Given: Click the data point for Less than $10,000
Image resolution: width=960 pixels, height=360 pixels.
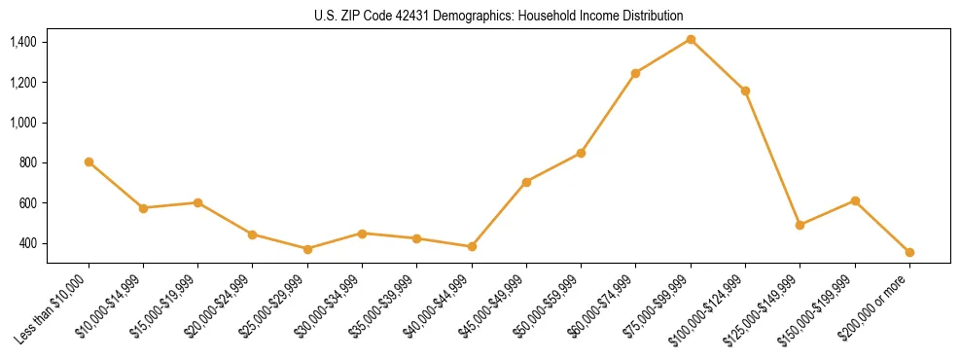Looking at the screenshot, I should [89, 162].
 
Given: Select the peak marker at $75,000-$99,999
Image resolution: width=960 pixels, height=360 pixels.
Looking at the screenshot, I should [691, 39].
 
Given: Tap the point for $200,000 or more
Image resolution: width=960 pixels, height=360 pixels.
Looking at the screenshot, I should [909, 252].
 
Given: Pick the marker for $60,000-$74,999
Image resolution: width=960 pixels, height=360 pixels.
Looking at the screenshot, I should [635, 73].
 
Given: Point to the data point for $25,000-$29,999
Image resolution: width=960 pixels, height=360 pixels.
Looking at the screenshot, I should [307, 249].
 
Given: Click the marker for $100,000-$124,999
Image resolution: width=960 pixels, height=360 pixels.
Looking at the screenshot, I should [745, 90].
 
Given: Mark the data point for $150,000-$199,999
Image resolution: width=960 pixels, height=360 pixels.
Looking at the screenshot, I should [855, 200].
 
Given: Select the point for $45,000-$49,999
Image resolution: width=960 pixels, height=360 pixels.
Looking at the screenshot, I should [526, 182].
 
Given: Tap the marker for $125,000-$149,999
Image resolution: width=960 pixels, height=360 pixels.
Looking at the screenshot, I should [800, 225].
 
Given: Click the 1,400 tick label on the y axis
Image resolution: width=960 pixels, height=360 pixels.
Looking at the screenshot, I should [23, 42].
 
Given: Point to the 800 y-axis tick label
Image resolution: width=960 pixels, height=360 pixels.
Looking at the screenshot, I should [27, 162].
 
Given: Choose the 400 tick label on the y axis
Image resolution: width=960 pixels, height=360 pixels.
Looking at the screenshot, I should [27, 243].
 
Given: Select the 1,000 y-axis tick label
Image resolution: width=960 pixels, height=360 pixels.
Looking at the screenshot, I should [23, 123].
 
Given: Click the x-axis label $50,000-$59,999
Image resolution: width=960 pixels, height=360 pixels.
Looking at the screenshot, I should [551, 306].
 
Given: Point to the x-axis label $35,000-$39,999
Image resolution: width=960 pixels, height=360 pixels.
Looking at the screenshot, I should [387, 306].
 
